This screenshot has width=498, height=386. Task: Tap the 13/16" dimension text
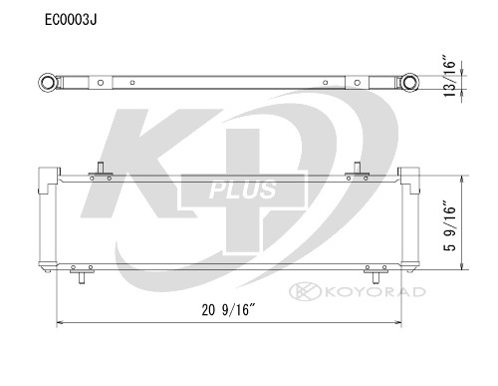pyautogui.click(x=451, y=78)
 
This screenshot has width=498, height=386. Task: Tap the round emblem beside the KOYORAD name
pyautogui.click(x=297, y=291)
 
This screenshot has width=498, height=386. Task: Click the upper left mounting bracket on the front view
pyautogui.click(x=100, y=175)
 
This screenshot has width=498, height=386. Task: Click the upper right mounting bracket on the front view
pyautogui.click(x=357, y=175)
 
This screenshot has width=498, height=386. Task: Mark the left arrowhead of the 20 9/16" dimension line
pyautogui.click(x=60, y=323)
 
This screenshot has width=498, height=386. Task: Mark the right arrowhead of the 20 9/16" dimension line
pyautogui.click(x=400, y=323)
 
